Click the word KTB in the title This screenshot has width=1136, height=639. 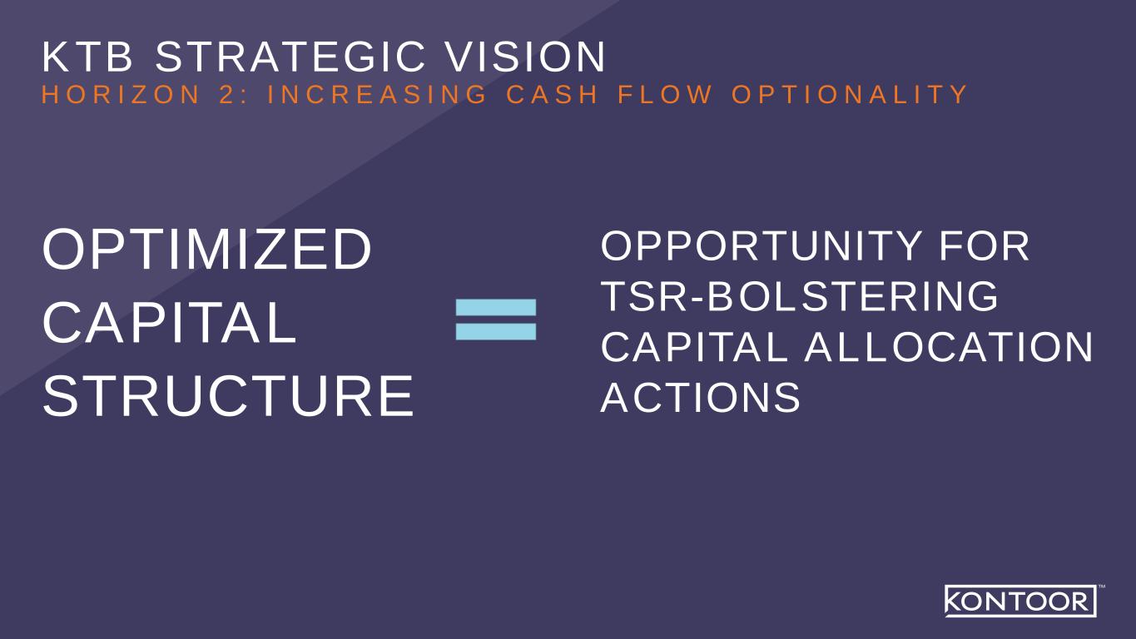pyautogui.click(x=87, y=57)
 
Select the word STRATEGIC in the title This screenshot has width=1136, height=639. pyautogui.click(x=290, y=57)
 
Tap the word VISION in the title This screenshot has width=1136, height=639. pyautogui.click(x=525, y=57)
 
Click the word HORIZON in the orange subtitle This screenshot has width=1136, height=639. pyautogui.click(x=122, y=94)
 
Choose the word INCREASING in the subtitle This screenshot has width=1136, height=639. pyautogui.click(x=377, y=94)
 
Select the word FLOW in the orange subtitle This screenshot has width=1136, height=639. pyautogui.click(x=665, y=94)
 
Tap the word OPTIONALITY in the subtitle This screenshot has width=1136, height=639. pyautogui.click(x=850, y=94)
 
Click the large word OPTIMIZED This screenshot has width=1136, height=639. pyautogui.click(x=207, y=249)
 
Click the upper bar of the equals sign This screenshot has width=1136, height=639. pyautogui.click(x=496, y=307)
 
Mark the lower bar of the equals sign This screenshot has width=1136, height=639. pyautogui.click(x=496, y=332)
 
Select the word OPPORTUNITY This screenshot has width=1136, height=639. pyautogui.click(x=761, y=246)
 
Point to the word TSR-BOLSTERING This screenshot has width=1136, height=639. pyautogui.click(x=800, y=296)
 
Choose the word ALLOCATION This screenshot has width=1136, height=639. pyautogui.click(x=949, y=347)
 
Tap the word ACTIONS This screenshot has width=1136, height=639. pyautogui.click(x=701, y=397)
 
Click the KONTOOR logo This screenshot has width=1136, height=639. pyautogui.click(x=1020, y=601)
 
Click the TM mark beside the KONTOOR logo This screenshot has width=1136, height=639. pyautogui.click(x=1102, y=587)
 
